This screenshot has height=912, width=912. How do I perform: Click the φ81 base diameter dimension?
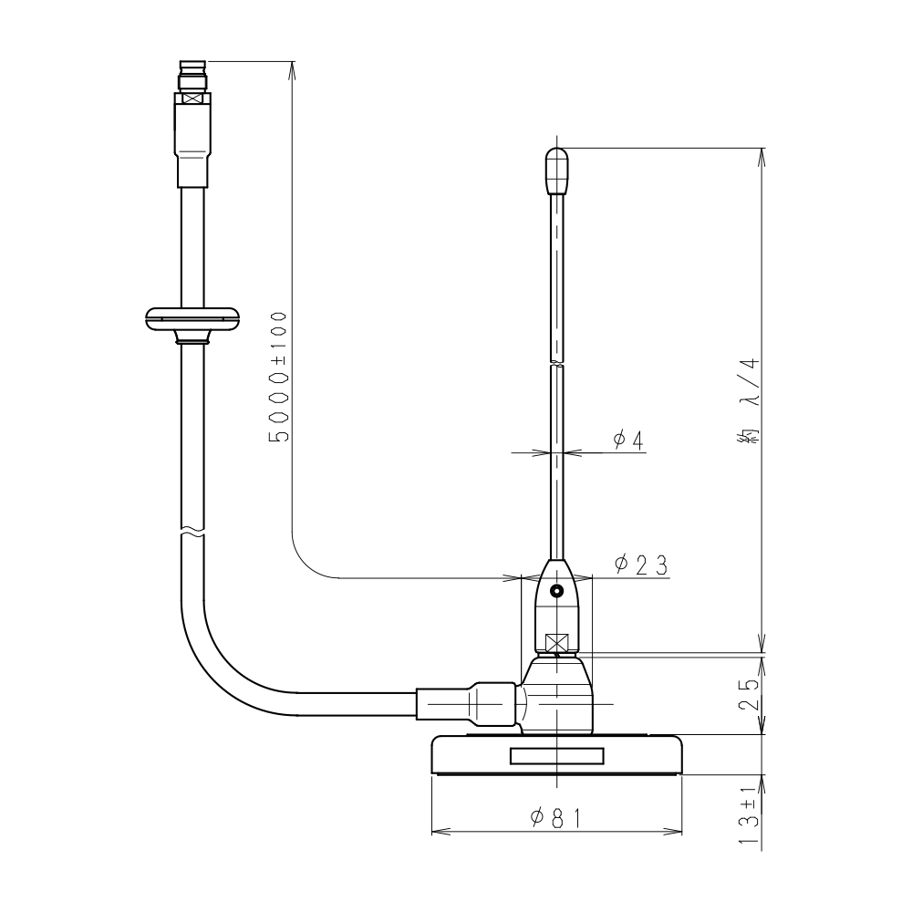[x=555, y=818]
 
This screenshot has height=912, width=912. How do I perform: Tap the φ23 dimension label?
[x=641, y=565]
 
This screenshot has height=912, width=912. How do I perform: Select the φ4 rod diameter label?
[x=628, y=440]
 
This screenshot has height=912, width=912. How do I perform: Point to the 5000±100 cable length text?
[x=278, y=377]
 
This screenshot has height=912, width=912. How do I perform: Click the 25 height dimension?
[x=749, y=694]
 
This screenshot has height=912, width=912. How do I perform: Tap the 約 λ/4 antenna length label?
[x=749, y=402]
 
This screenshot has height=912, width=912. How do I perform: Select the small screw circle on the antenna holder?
[x=557, y=591]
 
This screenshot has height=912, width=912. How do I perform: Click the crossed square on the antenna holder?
[x=556, y=643]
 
